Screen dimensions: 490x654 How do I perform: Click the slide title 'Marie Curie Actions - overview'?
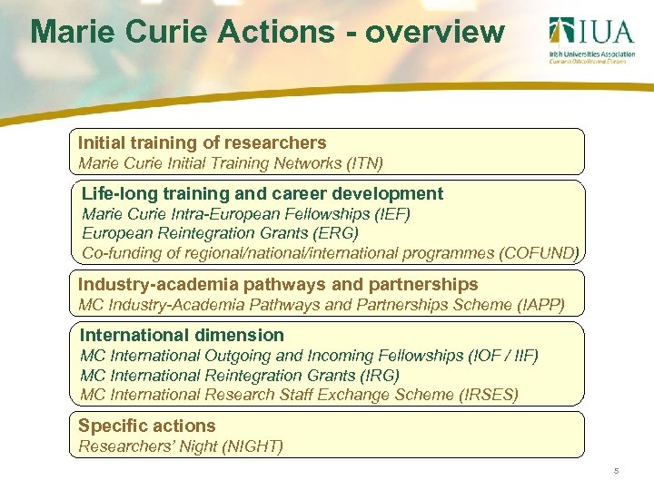(x=267, y=33)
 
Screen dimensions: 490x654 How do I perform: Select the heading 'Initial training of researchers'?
(x=202, y=143)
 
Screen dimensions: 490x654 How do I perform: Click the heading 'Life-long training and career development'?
(x=263, y=193)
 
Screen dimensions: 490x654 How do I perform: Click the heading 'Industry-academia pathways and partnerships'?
(x=278, y=285)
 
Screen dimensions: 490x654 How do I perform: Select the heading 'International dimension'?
(x=182, y=336)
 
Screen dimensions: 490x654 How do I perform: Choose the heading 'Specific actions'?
(x=146, y=426)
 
